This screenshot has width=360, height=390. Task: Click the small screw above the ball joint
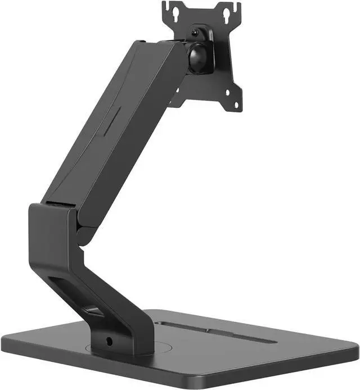195,33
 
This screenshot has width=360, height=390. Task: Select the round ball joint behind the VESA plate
198,58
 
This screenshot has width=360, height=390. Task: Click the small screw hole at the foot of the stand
109,341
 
